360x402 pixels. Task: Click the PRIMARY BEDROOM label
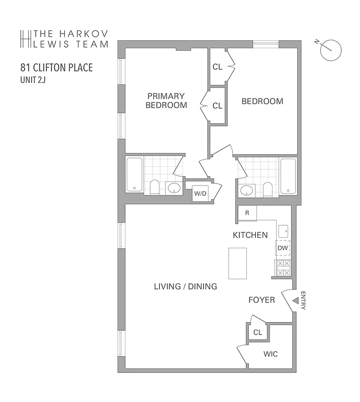tap(166, 100)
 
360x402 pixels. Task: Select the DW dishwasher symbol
tap(283, 248)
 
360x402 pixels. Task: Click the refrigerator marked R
tap(247, 213)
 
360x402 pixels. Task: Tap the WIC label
tap(271, 354)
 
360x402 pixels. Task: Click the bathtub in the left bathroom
tap(134, 174)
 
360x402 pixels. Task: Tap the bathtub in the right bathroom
tap(288, 176)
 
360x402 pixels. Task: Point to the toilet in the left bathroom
tap(155, 187)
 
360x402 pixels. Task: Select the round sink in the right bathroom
tap(246, 190)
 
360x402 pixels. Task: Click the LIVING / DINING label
tap(185, 286)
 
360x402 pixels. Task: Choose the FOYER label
tap(262, 300)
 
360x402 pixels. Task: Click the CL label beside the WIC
tap(257, 332)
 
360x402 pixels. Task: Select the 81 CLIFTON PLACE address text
tap(56, 67)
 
